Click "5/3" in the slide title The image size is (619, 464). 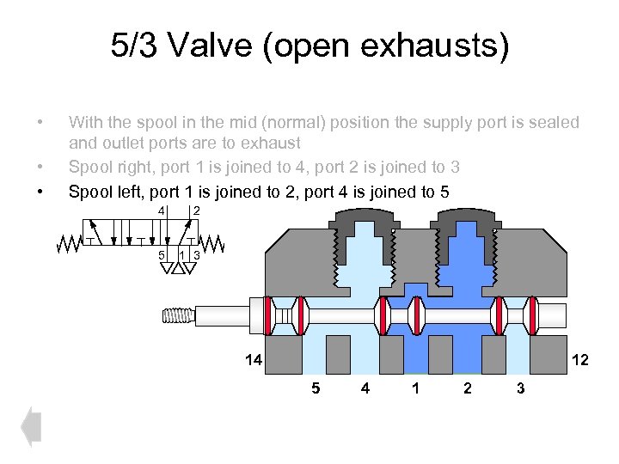(x=134, y=46)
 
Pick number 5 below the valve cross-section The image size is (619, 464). (x=316, y=388)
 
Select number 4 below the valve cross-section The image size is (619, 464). (x=365, y=388)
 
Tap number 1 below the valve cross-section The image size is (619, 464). (x=416, y=388)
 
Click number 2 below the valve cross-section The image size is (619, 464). (x=467, y=388)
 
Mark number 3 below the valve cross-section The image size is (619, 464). (x=519, y=388)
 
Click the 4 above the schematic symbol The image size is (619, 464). (x=161, y=211)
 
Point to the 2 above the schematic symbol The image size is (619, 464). (x=197, y=211)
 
